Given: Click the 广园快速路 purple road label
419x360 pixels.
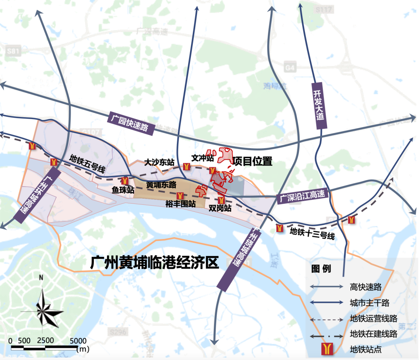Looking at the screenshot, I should pyautogui.click(x=129, y=122).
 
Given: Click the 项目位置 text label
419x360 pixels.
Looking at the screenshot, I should pyautogui.click(x=252, y=161).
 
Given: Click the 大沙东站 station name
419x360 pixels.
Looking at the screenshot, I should pyautogui.click(x=159, y=162).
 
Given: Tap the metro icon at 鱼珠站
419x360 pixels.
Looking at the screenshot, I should pyautogui.click(x=125, y=181).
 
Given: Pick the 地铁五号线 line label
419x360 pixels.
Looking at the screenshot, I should pyautogui.click(x=87, y=164).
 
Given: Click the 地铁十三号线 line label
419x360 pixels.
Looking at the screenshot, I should pyautogui.click(x=312, y=234).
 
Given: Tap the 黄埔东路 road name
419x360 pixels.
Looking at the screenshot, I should pyautogui.click(x=162, y=185).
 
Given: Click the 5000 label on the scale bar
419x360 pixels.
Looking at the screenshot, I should pyautogui.click(x=78, y=340).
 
